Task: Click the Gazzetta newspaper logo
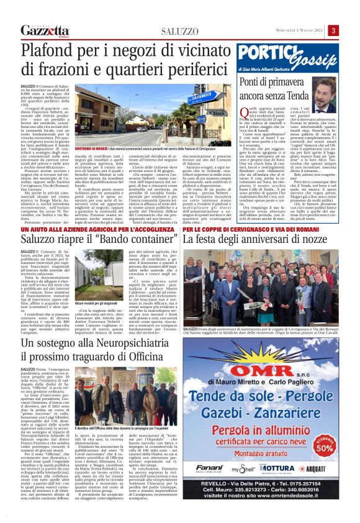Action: click(43, 31)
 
